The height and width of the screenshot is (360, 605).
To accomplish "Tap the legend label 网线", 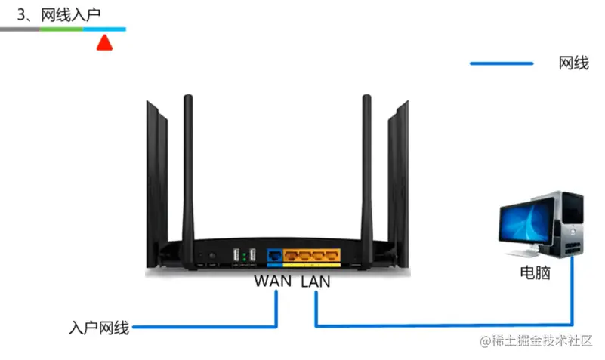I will (x=573, y=63).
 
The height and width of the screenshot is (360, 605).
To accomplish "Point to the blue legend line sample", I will (x=501, y=63).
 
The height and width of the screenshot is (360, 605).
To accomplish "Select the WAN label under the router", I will (x=273, y=281).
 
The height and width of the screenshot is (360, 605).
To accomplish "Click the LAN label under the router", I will (x=316, y=281).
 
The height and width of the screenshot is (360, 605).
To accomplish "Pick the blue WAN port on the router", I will (x=274, y=255).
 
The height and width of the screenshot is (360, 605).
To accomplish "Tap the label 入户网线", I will (x=99, y=328).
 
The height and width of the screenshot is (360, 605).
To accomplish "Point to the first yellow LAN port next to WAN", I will (x=290, y=255).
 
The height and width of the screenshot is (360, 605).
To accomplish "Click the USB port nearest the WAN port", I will (x=254, y=255).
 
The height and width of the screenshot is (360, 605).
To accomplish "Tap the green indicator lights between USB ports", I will (x=245, y=257).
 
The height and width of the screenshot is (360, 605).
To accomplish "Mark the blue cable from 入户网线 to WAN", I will (x=204, y=327).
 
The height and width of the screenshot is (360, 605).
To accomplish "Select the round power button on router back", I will (x=211, y=256).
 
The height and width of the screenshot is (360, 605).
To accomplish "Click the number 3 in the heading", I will (x=22, y=14).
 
